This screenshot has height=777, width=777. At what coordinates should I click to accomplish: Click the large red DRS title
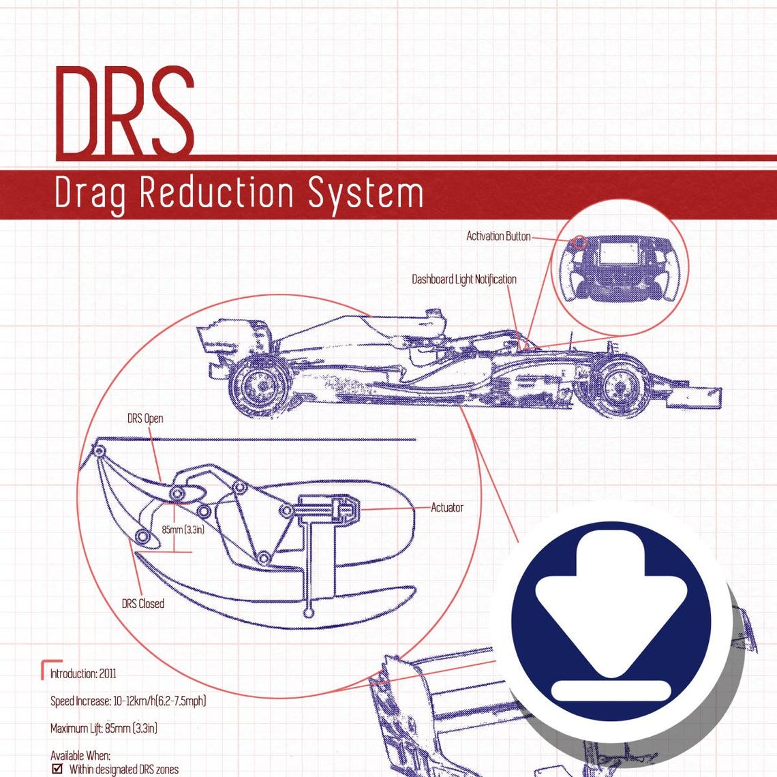tap(125, 111)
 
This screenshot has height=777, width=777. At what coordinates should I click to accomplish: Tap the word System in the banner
tap(365, 194)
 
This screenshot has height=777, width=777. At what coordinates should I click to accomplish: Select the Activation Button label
tap(498, 237)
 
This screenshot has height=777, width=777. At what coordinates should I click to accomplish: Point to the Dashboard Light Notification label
tap(463, 279)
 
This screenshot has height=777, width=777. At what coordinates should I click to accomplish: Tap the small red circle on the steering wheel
tap(579, 242)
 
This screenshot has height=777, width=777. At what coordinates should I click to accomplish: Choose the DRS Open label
tap(145, 418)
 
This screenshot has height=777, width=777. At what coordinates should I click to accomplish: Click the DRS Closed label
tap(142, 604)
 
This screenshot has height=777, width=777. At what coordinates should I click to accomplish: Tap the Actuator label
tap(447, 508)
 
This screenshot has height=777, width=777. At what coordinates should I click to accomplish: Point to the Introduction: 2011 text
tap(83, 674)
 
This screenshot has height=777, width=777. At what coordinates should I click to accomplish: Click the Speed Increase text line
tap(128, 701)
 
